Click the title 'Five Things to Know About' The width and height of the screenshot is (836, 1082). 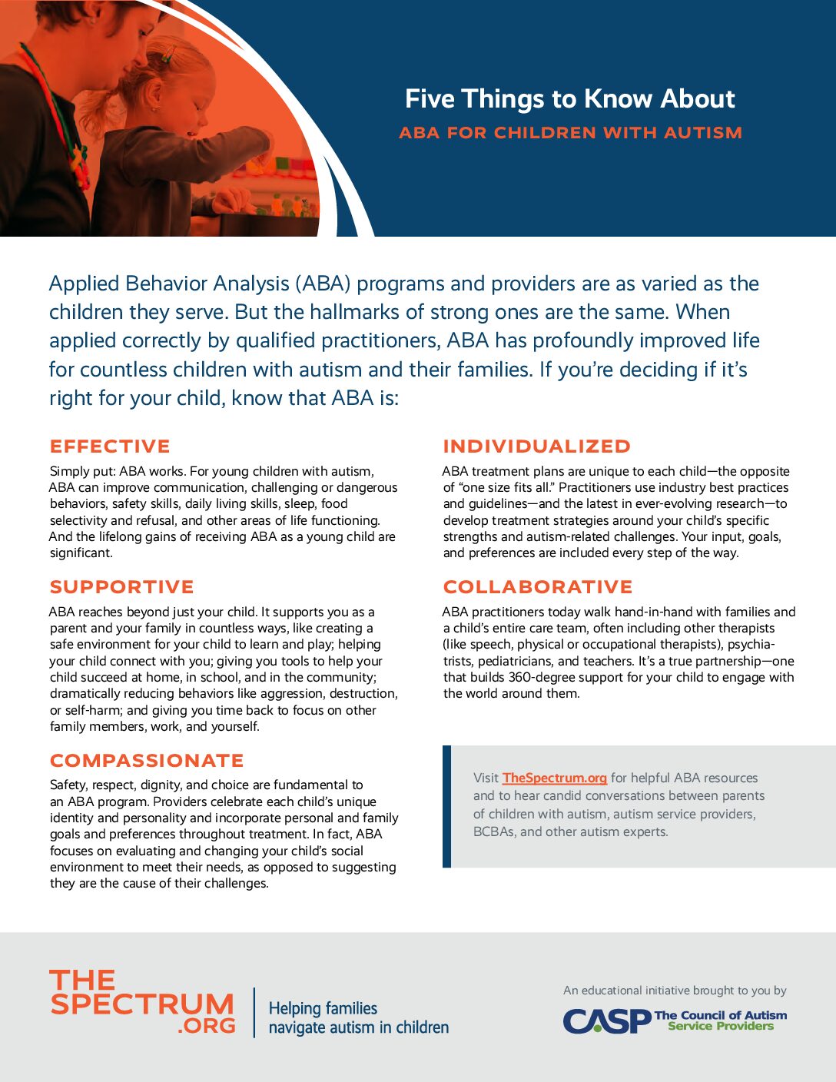coord(569,99)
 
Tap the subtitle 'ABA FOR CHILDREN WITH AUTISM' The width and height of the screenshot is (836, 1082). coord(570,133)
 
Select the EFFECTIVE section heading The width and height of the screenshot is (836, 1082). coord(110,446)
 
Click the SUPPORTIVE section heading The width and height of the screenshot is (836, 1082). coord(121,587)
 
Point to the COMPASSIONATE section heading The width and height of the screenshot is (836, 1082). coord(147,761)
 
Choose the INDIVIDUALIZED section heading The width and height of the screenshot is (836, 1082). coord(536,446)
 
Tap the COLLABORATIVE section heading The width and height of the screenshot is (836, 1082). coord(538,587)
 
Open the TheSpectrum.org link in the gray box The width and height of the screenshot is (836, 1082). coord(554,778)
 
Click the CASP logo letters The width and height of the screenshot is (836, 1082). coord(606,1021)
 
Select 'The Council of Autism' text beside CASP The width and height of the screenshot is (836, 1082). coord(720,1015)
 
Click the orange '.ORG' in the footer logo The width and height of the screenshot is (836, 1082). coord(206,1025)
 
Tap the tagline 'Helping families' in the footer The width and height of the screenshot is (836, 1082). coord(323,1008)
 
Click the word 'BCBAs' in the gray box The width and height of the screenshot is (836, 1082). coord(493,831)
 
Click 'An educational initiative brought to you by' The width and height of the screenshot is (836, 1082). coord(675,991)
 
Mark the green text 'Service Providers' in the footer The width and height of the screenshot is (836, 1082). coord(721,1027)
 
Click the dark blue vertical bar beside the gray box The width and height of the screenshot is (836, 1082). coord(446,806)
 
